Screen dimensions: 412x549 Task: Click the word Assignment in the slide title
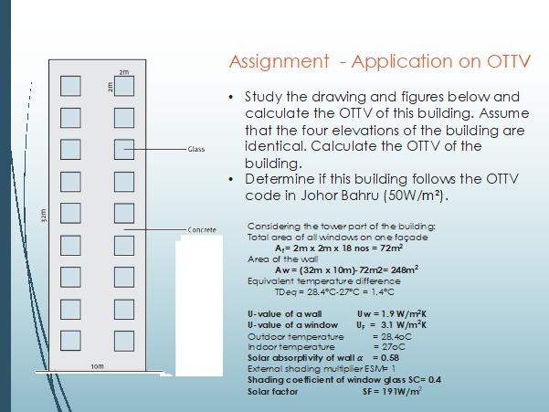[x=279, y=62]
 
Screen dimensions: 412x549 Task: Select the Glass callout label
[x=196, y=148]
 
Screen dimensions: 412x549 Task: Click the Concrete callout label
[x=202, y=229]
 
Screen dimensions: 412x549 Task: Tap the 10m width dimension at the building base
[x=97, y=366]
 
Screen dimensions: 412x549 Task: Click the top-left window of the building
[x=70, y=86]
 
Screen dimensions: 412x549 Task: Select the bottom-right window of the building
[x=125, y=340]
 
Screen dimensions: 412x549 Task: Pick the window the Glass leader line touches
[x=125, y=149]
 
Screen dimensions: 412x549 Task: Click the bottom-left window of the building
[x=70, y=340]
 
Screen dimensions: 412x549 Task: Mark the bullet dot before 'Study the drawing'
[x=233, y=97]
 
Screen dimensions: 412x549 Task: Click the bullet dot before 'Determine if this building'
[x=233, y=179]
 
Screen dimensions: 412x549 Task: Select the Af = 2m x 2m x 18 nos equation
[x=338, y=248]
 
